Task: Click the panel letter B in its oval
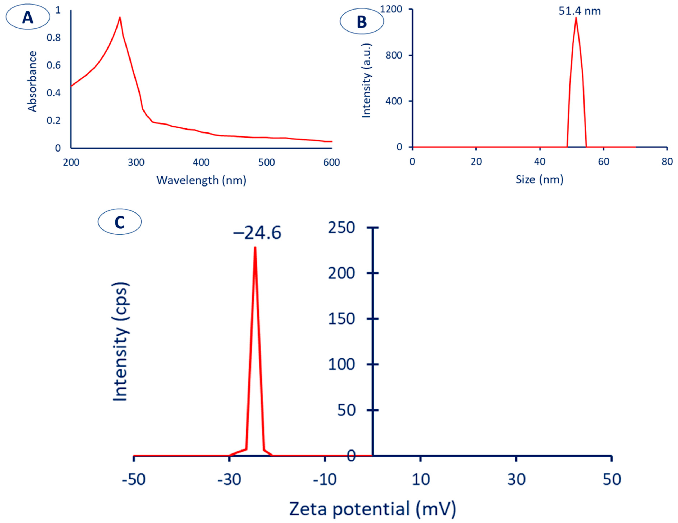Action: (362, 22)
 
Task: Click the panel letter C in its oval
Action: (120, 222)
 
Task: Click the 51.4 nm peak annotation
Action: (579, 11)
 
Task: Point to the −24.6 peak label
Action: (257, 233)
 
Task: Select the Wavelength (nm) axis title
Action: (201, 180)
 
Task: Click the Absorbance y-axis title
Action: (32, 81)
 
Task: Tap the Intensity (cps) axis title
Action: (120, 342)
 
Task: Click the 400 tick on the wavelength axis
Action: (201, 162)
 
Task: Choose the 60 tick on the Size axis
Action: (603, 162)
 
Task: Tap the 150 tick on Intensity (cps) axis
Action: (342, 319)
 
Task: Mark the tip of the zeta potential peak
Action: (255, 247)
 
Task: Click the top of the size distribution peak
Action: (576, 18)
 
